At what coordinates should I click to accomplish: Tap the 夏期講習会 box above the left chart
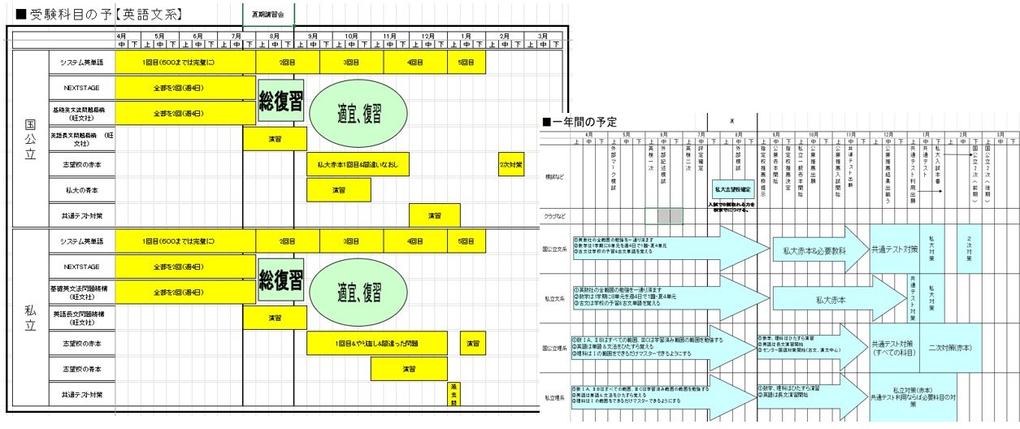pos(268,14)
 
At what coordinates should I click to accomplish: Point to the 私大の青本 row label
pos(81,190)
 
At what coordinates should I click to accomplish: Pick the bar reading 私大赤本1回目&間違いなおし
pos(358,164)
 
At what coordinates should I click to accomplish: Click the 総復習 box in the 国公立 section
pos(281,101)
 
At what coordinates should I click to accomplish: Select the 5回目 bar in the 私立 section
pos(466,241)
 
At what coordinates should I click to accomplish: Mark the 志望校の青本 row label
pos(81,368)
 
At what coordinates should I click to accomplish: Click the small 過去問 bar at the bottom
pos(454,393)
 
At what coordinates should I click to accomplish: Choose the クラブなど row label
pos(555,217)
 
